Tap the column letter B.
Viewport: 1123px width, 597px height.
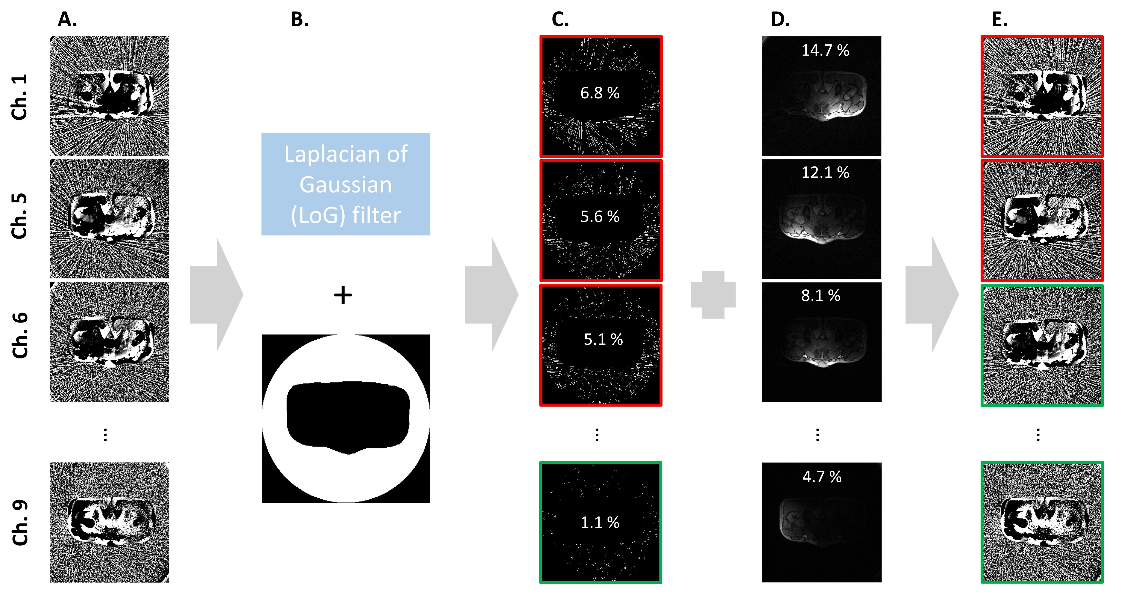click(299, 20)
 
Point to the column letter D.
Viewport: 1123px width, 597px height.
click(780, 20)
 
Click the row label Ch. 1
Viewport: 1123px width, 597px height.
click(20, 97)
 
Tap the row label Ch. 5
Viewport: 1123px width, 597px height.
click(20, 216)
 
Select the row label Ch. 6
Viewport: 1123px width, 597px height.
click(20, 335)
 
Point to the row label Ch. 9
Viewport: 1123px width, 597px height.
click(20, 522)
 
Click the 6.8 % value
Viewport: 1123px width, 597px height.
click(600, 93)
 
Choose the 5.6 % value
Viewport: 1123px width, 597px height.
click(600, 216)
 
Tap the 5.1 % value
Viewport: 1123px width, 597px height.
click(603, 339)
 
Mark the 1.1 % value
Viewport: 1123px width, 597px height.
click(600, 522)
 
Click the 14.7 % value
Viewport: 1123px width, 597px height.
click(825, 51)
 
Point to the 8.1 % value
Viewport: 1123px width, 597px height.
click(821, 296)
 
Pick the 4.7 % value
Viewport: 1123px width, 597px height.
click(822, 477)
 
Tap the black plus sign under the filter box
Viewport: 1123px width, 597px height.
click(343, 295)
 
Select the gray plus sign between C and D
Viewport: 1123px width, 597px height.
click(713, 295)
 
